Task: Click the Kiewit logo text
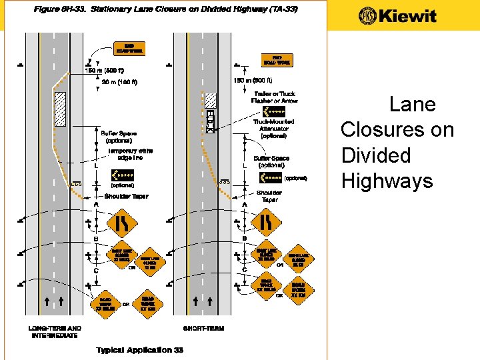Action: (398, 16)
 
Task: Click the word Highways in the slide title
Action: (386, 181)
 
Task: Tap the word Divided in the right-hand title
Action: (376, 155)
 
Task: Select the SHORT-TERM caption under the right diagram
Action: (204, 328)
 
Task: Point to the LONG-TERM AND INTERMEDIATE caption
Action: (55, 331)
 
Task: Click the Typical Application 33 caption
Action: (139, 350)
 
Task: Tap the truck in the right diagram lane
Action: (211, 121)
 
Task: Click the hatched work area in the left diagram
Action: (59, 109)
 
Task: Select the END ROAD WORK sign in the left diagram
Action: (130, 49)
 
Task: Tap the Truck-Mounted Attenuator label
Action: (273, 129)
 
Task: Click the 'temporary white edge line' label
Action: (131, 154)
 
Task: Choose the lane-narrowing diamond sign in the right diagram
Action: (265, 221)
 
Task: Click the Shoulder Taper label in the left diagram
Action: (127, 197)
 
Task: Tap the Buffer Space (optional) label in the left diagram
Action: (119, 137)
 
